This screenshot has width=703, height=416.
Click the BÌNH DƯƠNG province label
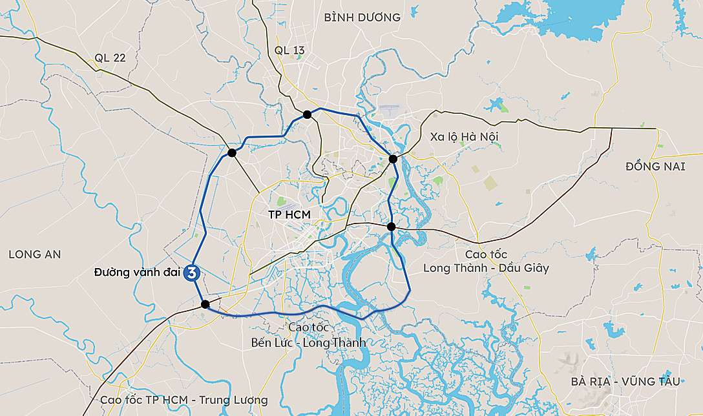click(362, 17)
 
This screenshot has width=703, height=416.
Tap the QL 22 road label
click(110, 57)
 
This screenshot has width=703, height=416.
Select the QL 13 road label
click(289, 50)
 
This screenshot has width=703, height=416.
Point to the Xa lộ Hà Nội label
click(464, 136)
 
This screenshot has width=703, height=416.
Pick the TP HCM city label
click(289, 214)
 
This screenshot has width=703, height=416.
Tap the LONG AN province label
click(35, 255)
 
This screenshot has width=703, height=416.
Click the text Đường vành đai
click(136, 273)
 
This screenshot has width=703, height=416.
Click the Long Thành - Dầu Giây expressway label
click(486, 267)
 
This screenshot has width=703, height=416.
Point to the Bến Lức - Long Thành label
click(308, 342)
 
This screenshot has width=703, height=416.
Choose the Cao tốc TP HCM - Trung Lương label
click(184, 400)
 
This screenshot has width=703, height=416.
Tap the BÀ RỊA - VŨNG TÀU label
click(625, 381)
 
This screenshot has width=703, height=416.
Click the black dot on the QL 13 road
click(308, 114)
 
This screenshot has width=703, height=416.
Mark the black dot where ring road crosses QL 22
click(231, 153)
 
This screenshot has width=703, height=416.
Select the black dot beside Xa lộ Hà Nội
click(393, 159)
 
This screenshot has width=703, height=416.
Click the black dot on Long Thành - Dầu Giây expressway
click(391, 226)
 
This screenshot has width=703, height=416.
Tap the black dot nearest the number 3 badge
click(205, 304)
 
